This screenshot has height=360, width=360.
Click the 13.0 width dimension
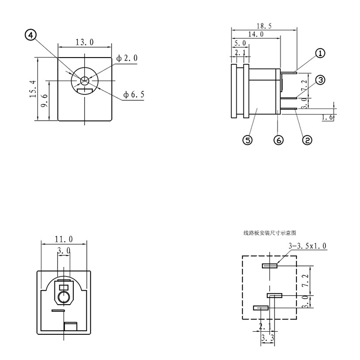point(85,43)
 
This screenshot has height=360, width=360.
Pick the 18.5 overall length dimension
point(264,26)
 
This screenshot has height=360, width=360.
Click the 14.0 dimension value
point(255,34)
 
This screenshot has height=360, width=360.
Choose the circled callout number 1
point(320,53)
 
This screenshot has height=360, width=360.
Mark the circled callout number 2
point(307,140)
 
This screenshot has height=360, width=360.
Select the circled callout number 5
point(247,140)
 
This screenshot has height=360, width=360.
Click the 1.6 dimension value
point(327,118)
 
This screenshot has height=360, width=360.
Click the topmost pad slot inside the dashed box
point(270,265)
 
